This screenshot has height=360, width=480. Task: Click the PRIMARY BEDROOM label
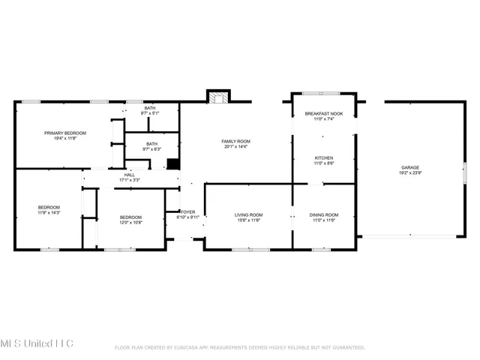click(64, 133)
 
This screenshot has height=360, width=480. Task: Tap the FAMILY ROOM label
click(235, 141)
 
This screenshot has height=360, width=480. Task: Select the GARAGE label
click(409, 167)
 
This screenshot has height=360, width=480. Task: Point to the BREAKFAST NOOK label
click(323, 113)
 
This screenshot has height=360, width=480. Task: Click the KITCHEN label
click(323, 157)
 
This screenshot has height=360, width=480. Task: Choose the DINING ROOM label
click(324, 215)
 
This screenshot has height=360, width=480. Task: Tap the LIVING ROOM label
click(249, 215)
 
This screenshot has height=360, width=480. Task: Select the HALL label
click(130, 175)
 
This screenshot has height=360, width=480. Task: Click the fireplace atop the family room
click(218, 97)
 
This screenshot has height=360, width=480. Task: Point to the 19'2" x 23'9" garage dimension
click(409, 173)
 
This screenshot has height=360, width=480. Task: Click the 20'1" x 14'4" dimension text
click(235, 147)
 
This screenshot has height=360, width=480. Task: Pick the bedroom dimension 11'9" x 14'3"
click(49, 213)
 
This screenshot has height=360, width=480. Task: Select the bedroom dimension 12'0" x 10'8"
click(130, 222)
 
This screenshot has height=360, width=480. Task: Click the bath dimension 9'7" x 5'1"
click(150, 114)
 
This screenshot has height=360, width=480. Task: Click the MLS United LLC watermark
click(37, 343)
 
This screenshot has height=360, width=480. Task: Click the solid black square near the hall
click(172, 164)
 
